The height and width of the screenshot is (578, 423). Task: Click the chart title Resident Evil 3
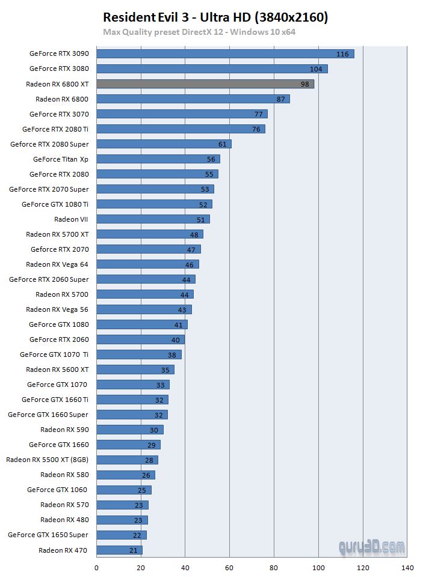215,17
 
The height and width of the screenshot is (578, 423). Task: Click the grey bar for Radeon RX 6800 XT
205,84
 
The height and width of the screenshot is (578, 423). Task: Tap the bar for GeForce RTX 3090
225,53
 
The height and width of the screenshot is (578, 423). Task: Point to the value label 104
316,69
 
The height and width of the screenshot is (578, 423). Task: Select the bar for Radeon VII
153,219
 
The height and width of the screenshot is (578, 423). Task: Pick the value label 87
281,99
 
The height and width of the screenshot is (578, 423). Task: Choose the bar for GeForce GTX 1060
123,490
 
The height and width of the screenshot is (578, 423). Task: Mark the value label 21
134,550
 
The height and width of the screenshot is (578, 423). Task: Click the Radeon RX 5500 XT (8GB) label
48,460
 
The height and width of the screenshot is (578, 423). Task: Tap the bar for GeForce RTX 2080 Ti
181,129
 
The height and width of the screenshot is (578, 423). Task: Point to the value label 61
223,144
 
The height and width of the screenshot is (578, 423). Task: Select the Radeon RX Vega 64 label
57,264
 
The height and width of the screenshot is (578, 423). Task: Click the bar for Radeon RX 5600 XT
135,370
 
